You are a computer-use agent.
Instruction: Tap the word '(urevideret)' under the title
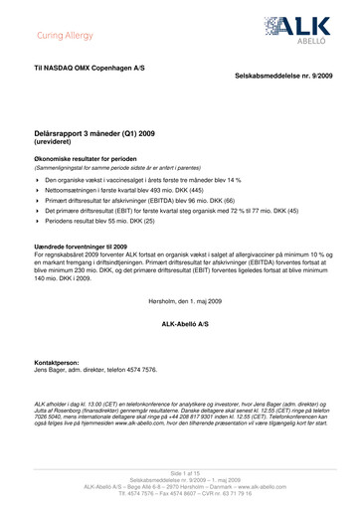(x=60, y=141)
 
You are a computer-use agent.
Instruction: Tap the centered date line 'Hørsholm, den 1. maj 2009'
(x=180, y=298)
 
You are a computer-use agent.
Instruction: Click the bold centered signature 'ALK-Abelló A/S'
(x=180, y=325)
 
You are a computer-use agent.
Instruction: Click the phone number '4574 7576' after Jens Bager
(x=140, y=371)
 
